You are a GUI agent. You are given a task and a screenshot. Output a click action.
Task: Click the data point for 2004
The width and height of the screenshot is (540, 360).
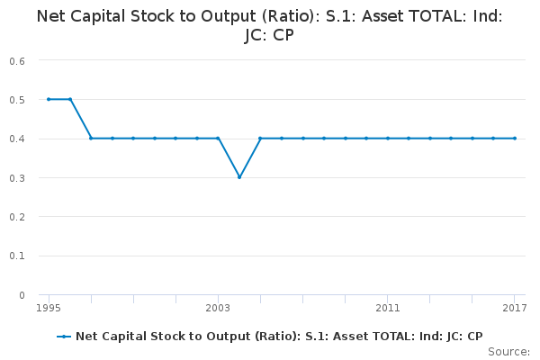click(239, 177)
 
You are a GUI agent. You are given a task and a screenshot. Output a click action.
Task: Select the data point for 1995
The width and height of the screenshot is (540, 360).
click(49, 99)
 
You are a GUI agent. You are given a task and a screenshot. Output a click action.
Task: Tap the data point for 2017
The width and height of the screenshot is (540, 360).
click(515, 138)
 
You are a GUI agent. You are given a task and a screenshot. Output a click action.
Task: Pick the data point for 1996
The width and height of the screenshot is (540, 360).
click(70, 99)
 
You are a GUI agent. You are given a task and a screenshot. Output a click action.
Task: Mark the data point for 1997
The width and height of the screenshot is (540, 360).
click(91, 138)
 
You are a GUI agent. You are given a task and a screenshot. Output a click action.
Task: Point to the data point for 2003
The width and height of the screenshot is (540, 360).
click(218, 138)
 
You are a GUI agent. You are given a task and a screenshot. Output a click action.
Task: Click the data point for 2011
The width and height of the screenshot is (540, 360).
click(388, 138)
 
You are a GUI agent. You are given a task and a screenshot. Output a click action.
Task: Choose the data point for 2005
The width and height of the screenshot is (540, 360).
click(260, 138)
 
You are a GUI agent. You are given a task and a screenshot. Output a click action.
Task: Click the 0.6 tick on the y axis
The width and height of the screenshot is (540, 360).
click(17, 60)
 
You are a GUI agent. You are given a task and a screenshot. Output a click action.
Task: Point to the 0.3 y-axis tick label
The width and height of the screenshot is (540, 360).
click(17, 177)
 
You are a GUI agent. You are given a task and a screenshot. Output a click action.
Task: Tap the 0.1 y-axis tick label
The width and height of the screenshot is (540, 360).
click(17, 256)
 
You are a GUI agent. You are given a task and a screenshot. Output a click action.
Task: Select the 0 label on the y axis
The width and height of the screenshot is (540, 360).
click(21, 295)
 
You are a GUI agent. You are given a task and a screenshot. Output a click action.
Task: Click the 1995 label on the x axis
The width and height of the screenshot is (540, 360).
click(49, 309)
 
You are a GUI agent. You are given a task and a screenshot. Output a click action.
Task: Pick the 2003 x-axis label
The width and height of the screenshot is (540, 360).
click(218, 309)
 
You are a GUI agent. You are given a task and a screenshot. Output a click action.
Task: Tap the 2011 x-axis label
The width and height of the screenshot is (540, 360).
click(388, 309)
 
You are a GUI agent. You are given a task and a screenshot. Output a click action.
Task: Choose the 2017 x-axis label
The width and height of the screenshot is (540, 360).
click(515, 309)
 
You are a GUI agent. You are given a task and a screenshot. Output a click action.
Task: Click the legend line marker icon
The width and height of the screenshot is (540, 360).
click(63, 337)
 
